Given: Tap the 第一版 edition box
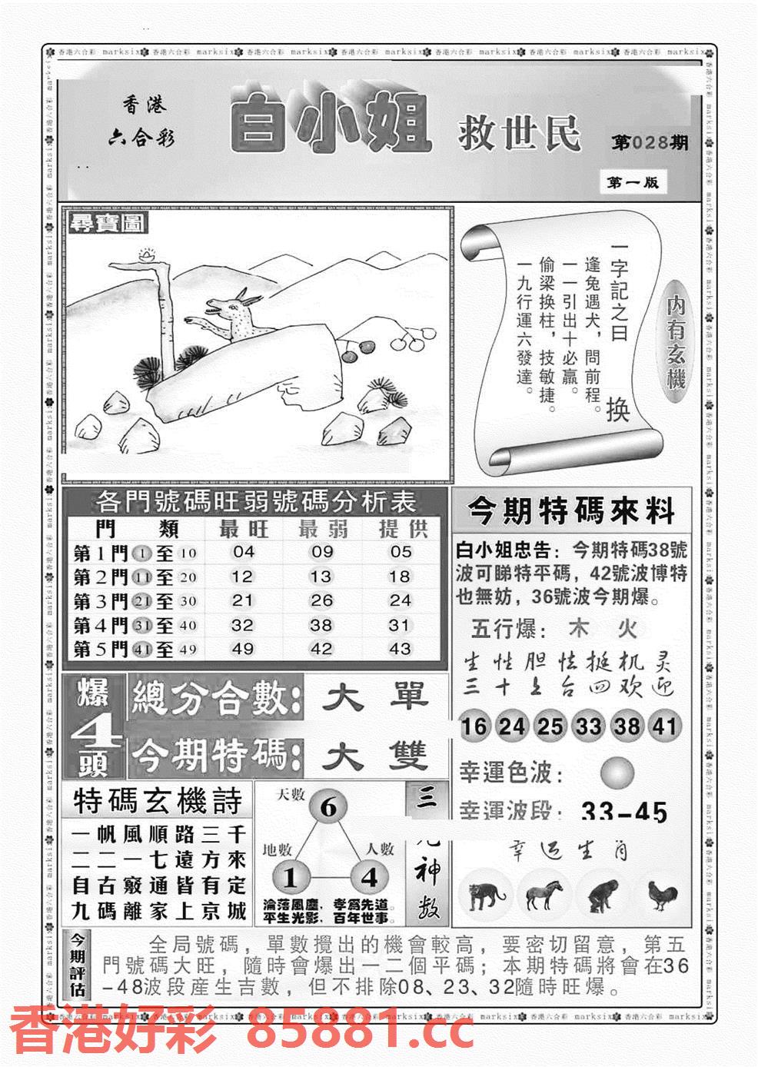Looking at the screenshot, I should coord(633,182).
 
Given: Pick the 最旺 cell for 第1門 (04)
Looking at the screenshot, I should coord(243,552).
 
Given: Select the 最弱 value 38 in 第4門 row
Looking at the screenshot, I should coord(321,625).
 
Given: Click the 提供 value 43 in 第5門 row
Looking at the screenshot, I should coord(400,649).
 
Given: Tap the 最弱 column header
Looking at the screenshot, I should coord(322,528).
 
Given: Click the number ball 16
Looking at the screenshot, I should coord(474,726).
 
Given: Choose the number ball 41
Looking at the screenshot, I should coord(664,726).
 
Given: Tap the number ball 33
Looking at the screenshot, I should coord(588,726).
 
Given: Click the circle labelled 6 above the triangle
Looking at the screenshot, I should coord(328,808).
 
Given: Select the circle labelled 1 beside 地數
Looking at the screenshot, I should coord(291,877).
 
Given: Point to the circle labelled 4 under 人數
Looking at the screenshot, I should coord(370,877).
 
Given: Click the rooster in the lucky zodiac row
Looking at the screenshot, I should coord(662,896).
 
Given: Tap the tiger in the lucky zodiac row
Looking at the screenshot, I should coord(483,896).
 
